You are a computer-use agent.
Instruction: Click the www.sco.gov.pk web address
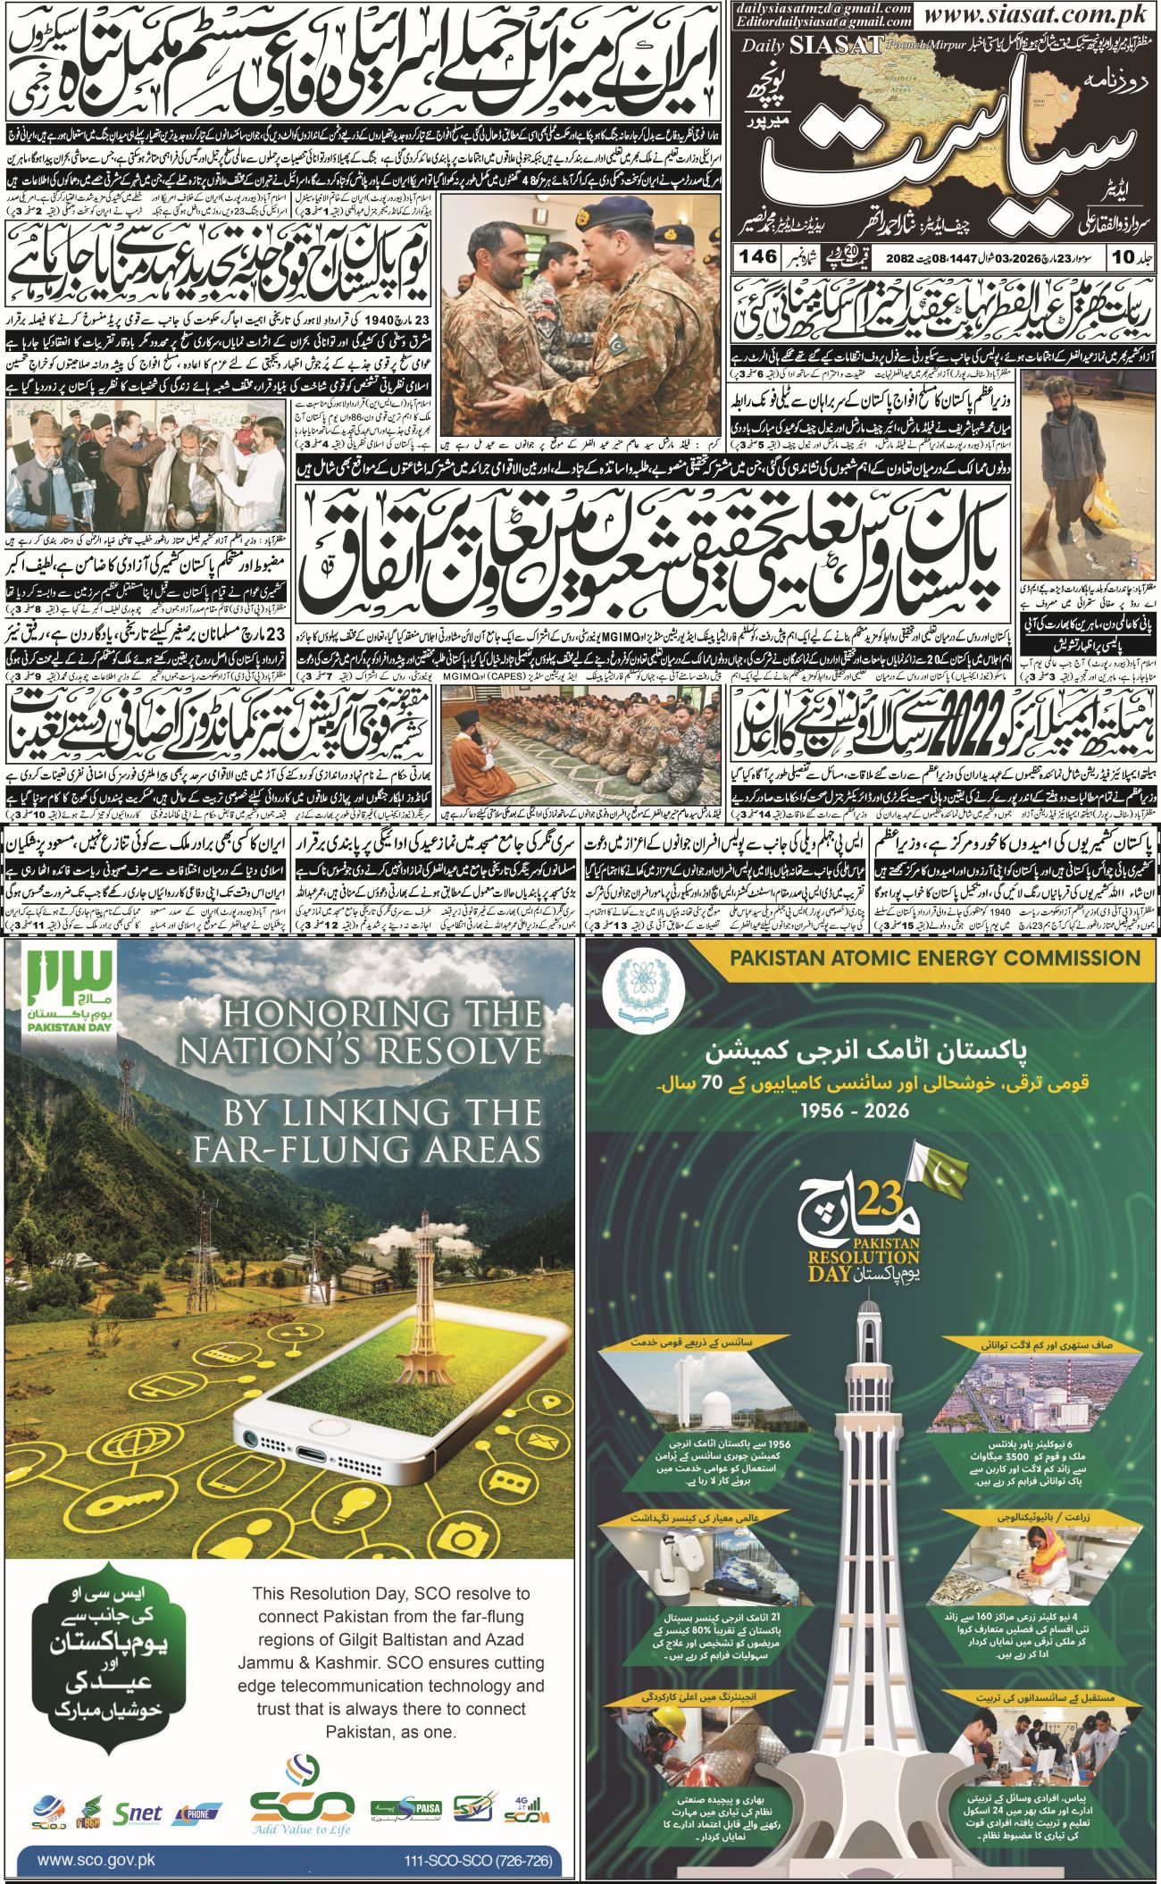point(97,1854)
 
